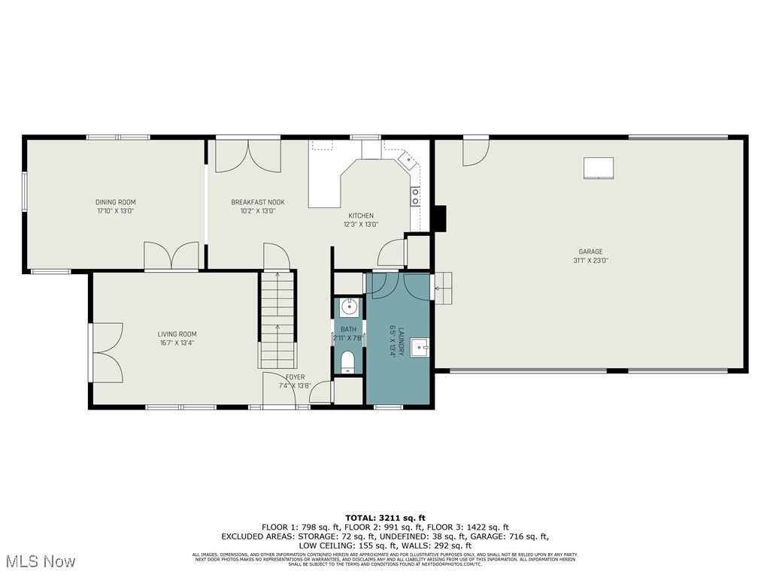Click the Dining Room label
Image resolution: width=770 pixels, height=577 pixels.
pos(115,202)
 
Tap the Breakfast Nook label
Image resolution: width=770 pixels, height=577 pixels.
pos(253,202)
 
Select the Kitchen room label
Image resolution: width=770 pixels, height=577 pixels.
pos(361,216)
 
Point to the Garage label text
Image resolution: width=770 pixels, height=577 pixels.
pos(590,252)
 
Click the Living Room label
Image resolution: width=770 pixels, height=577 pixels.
pos(177,334)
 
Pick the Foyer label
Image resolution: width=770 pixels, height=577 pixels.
pos(295,377)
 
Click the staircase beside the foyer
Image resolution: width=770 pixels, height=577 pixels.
pos(277,320)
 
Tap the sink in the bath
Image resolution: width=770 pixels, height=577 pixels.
pos(348,307)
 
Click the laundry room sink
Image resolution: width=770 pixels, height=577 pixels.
pos(419,347)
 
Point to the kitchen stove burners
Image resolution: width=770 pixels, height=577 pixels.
pos(415,196)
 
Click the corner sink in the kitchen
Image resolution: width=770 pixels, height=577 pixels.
pos(406,159)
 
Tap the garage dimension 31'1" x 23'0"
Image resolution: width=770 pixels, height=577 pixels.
pos(590,261)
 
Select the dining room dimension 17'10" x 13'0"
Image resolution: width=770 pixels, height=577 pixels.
pos(115,211)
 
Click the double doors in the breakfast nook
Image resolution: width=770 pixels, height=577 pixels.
pos(248,156)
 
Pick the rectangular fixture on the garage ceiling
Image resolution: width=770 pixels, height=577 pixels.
pos(599,168)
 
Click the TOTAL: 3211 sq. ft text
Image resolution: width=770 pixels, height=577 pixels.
pos(385,518)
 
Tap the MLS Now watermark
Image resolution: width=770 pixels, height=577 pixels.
pos(38,561)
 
